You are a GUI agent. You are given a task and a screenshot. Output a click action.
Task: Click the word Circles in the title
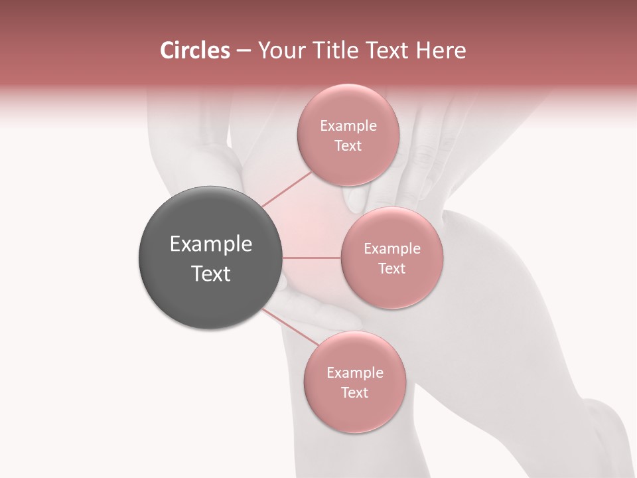194,50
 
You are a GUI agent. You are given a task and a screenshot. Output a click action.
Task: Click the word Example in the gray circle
210,244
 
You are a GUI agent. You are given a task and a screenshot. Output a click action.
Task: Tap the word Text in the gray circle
210,274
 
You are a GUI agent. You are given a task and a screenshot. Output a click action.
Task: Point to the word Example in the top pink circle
348,125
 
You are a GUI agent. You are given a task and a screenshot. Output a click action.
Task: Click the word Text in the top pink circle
348,145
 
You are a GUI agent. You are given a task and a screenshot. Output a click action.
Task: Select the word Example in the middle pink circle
391,248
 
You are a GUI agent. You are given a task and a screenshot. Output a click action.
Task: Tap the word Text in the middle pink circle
391,268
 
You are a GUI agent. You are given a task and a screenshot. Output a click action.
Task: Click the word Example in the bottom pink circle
354,372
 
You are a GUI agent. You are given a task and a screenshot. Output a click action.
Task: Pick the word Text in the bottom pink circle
354,392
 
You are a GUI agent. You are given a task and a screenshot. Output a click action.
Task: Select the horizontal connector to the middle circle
312,258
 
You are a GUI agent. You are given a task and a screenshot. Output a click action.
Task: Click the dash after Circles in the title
243,51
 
